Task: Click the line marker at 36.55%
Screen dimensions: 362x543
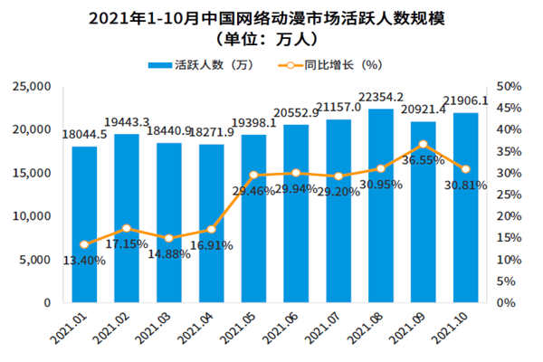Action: point(424,145)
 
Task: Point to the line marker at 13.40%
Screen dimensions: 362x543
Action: point(84,244)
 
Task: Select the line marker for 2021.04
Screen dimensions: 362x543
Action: point(211,230)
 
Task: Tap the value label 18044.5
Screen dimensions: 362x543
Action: point(84,136)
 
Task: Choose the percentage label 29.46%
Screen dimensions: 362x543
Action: point(253,192)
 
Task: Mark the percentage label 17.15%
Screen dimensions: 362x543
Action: point(128,244)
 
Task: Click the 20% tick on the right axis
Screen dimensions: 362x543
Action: point(510,216)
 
